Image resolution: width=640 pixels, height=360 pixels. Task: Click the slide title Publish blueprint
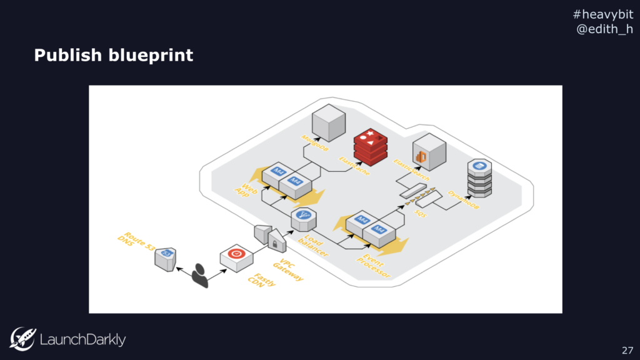113,55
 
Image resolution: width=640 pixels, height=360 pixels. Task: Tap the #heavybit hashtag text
603,14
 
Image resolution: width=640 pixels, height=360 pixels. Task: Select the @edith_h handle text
603,29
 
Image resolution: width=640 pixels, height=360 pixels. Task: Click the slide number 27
627,349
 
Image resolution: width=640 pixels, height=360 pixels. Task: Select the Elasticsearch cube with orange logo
429,152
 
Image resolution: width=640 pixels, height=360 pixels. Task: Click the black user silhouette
200,276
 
